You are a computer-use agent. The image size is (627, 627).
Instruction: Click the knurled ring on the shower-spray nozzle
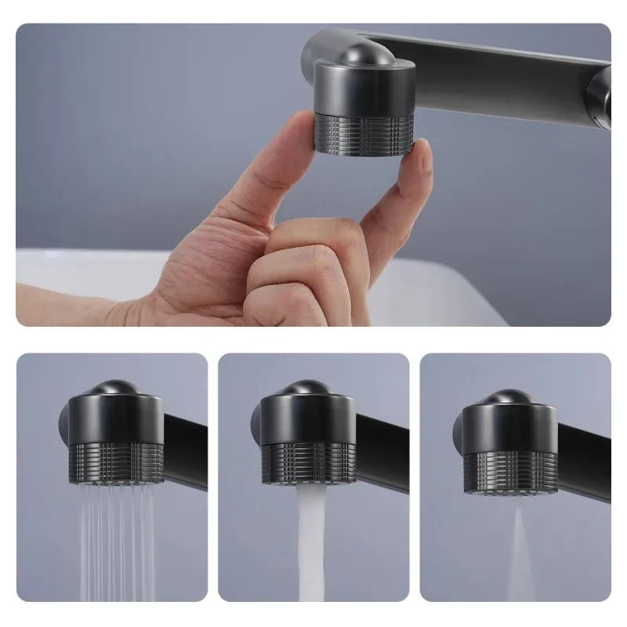point(116,462)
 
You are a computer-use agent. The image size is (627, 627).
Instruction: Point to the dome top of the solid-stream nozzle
point(307,387)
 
